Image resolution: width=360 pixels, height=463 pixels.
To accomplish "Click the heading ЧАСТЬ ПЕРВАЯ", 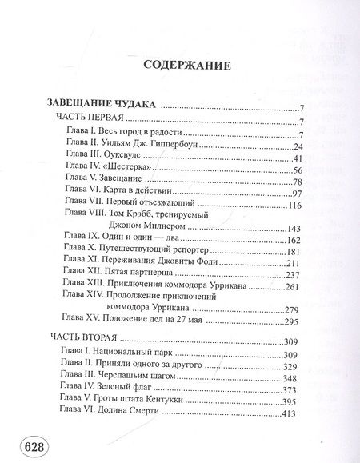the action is (x=87, y=120).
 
